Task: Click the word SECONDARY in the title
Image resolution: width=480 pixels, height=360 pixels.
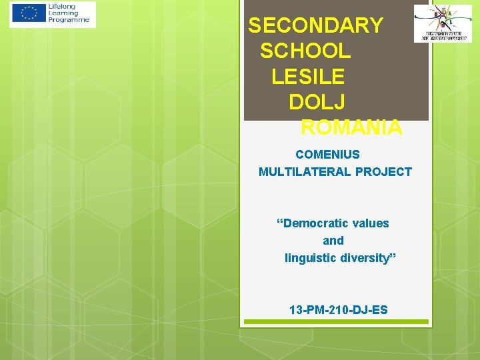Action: (315, 25)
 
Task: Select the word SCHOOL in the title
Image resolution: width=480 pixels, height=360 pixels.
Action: (305, 51)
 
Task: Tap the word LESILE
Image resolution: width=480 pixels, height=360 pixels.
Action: (308, 76)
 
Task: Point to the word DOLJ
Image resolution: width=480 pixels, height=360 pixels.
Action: (317, 101)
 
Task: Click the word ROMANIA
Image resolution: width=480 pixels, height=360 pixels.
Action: (351, 127)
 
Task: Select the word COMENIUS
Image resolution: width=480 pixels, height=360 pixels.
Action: (327, 155)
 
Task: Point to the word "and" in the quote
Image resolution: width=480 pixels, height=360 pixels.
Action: (333, 241)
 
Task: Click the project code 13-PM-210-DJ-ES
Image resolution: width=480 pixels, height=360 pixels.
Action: (338, 310)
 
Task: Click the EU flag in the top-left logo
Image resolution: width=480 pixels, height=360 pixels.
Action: (29, 14)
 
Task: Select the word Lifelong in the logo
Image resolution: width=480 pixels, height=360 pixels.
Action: (62, 7)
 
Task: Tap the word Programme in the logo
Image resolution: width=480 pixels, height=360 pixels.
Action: (69, 21)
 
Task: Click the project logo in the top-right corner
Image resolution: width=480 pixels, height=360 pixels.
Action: (442, 23)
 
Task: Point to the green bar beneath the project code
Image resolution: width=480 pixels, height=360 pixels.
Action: (335, 321)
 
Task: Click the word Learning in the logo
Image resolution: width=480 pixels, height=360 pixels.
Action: (63, 13)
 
